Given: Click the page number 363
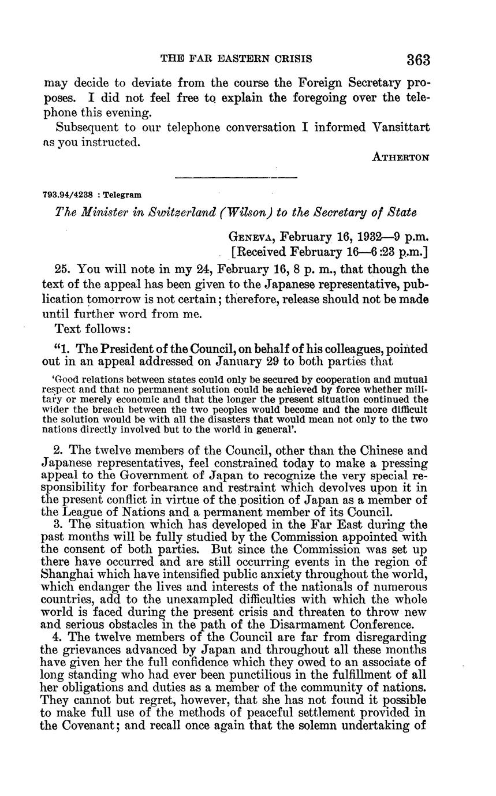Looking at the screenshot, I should point(419,59).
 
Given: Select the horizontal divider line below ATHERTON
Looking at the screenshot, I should point(236,177).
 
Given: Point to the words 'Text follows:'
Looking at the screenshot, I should point(92,328).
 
